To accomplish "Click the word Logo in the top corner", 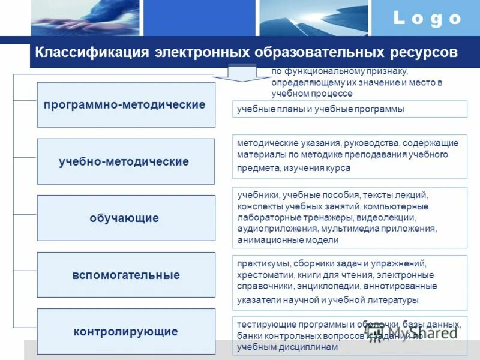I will (x=427, y=19).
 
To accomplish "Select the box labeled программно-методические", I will (x=125, y=104).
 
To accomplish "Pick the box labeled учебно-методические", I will (x=125, y=161).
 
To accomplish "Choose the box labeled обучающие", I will (x=125, y=218).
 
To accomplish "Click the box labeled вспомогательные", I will (x=125, y=275).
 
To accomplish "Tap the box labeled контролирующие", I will (x=125, y=331).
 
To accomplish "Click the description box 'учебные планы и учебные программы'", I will (x=349, y=109).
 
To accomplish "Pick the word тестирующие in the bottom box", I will (x=262, y=324).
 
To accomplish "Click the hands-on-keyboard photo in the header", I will (x=85, y=18).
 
